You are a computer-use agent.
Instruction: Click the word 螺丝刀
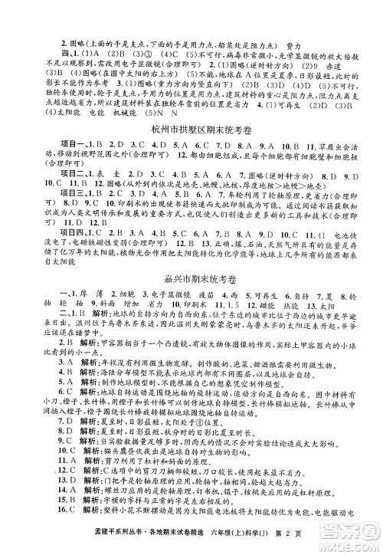coord(86,506)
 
